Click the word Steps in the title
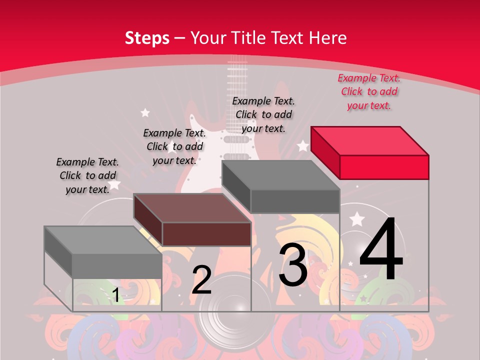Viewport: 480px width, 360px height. [147, 38]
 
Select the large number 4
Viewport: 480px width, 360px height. [381, 248]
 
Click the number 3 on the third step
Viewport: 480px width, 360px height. [293, 265]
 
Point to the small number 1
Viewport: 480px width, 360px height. [115, 295]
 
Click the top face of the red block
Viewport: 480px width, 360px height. [370, 141]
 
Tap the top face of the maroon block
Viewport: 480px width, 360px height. [192, 208]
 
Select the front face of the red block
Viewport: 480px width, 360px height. [384, 167]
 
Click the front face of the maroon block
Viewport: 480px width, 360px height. [206, 234]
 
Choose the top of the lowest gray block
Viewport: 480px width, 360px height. [103, 240]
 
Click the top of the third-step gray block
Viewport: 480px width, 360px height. [281, 175]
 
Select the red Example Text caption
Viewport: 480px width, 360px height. [369, 92]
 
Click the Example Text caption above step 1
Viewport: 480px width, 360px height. [87, 175]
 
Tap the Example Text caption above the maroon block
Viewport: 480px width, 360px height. [174, 146]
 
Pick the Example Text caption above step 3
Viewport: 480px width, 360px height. [263, 114]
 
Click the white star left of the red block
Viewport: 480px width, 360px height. [303, 145]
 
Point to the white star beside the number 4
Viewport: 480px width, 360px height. [357, 219]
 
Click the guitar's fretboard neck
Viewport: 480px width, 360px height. [237, 92]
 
